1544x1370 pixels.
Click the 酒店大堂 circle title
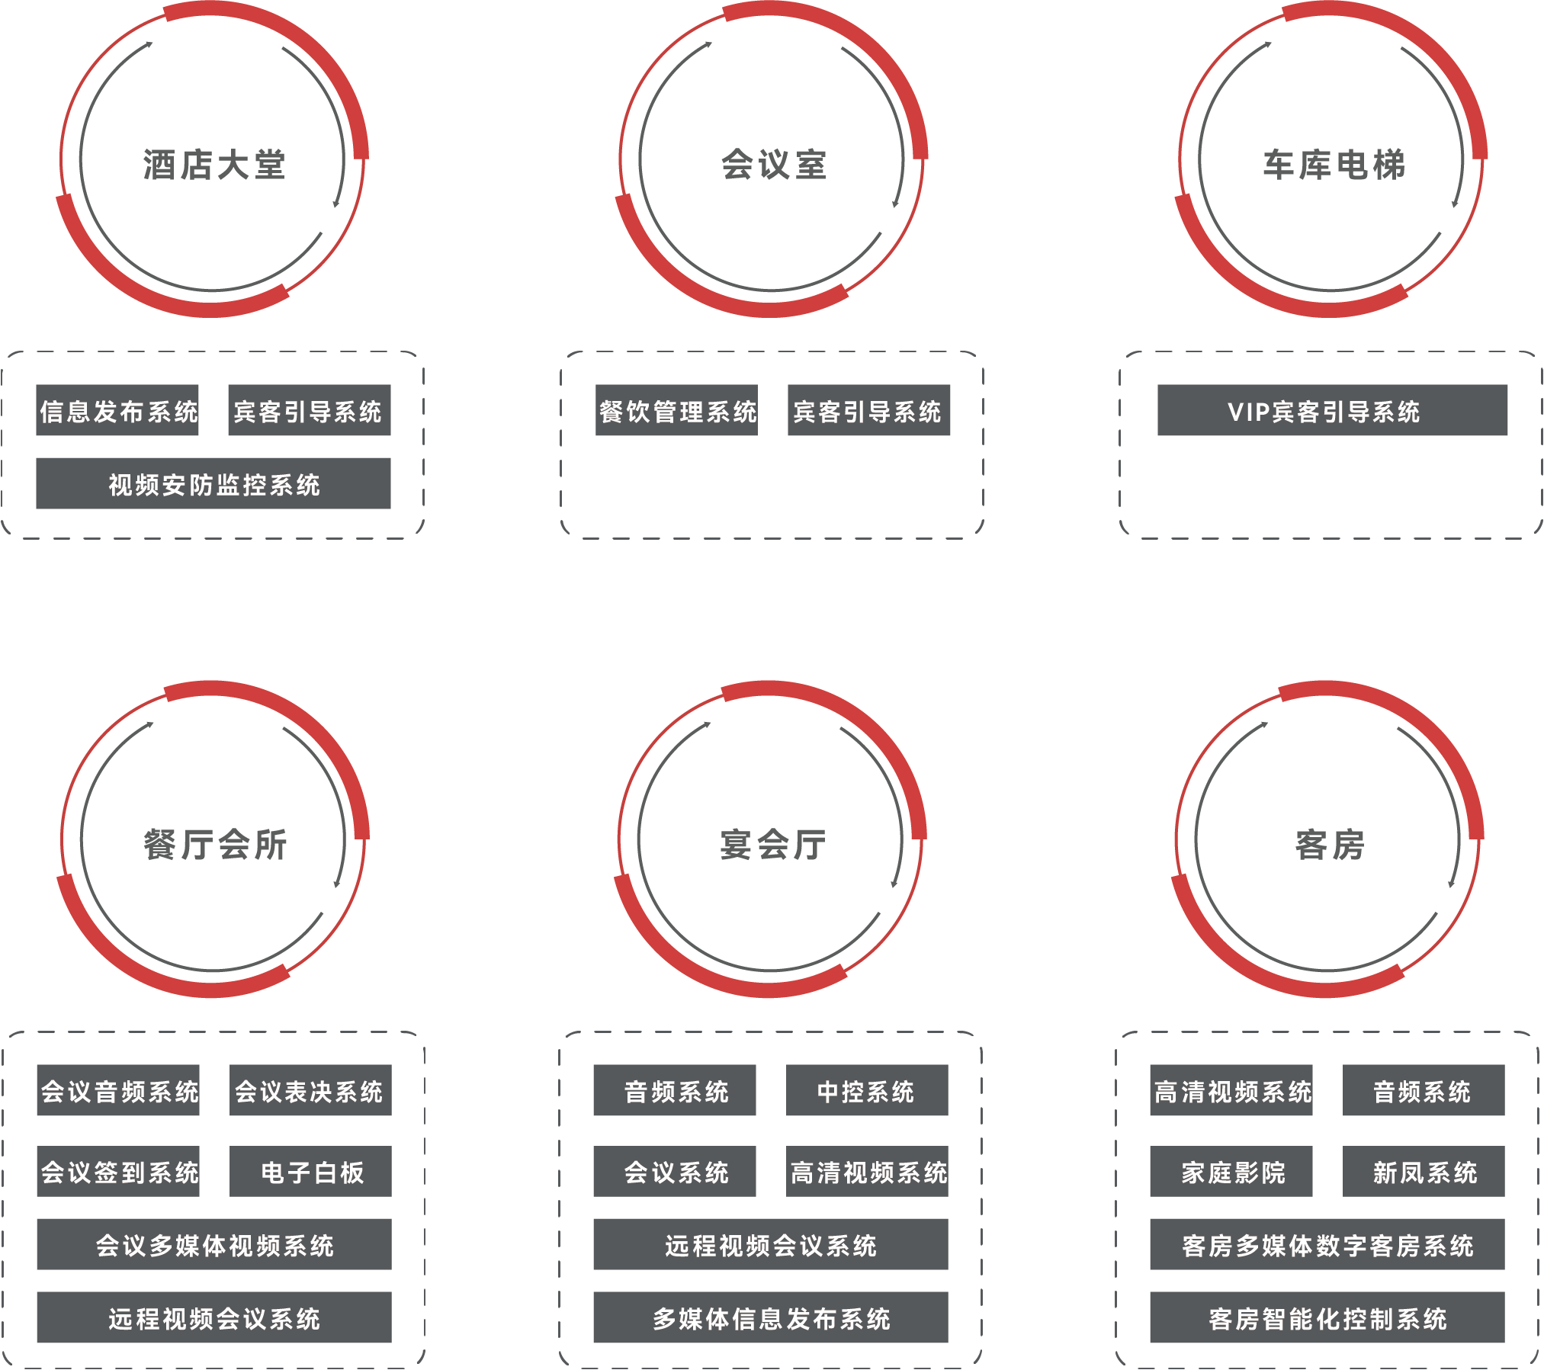[213, 165]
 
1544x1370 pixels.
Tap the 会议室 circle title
[773, 165]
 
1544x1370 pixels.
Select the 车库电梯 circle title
[1333, 165]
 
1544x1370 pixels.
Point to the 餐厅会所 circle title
[214, 845]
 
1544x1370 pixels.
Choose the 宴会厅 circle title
[772, 845]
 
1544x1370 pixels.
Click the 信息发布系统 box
[117, 411]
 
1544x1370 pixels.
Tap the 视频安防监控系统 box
[213, 484]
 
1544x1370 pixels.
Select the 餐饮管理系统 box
[677, 411]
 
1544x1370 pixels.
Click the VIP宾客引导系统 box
[1332, 411]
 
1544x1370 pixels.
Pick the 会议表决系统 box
[310, 1091]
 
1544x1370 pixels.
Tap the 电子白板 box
[310, 1172]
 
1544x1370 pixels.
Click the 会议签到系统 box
[118, 1172]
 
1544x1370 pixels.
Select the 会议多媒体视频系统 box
[214, 1245]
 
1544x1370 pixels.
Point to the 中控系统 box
[867, 1091]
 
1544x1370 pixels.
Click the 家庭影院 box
[1231, 1172]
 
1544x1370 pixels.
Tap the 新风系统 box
[1424, 1172]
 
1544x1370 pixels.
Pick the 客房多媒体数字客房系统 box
[1327, 1245]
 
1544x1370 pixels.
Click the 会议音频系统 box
[118, 1091]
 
